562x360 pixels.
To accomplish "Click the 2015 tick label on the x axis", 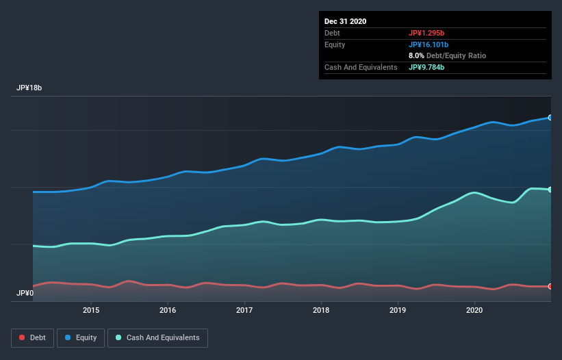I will click(91, 310).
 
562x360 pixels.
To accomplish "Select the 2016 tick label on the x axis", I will click(168, 310).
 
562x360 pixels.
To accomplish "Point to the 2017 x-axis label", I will click(244, 310).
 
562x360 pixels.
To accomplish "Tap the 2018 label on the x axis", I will click(321, 310).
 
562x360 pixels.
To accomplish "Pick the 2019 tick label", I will click(398, 310).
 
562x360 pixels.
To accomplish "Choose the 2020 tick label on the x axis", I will click(474, 310).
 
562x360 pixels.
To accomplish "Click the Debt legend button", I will click(32, 337).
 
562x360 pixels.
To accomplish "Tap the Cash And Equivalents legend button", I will click(157, 337).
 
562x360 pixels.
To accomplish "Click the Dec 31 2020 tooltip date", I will click(346, 21).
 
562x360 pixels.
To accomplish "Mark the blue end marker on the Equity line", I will click(550, 118).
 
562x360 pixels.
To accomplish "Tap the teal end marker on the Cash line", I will click(550, 190).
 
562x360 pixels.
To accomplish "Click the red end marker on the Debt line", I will click(550, 286).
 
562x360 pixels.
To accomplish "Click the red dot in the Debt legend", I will click(23, 337).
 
